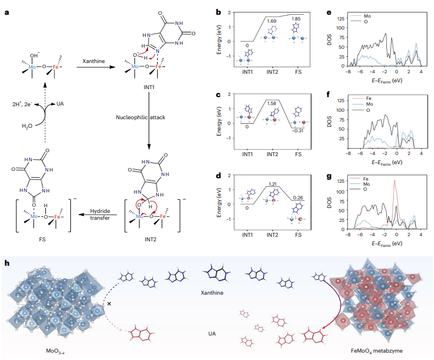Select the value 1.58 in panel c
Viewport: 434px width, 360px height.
(271, 104)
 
